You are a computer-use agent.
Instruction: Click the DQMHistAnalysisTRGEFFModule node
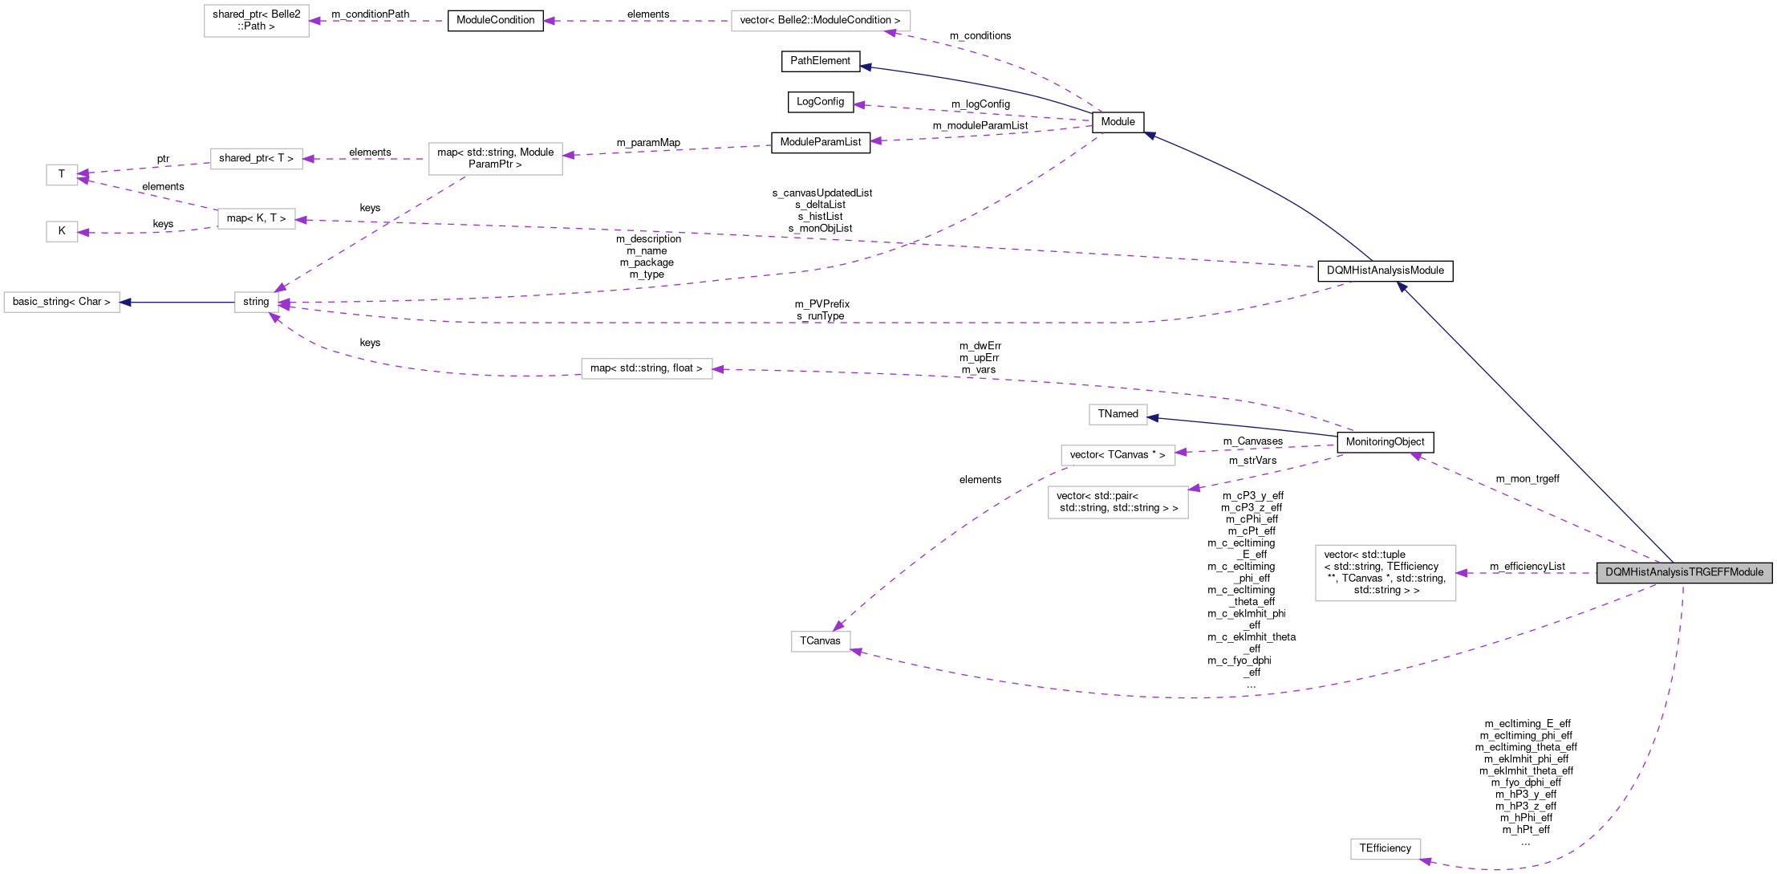(1683, 572)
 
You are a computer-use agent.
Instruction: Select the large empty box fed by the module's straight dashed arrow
(1385, 572)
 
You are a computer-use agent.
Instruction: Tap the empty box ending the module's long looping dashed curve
(1385, 848)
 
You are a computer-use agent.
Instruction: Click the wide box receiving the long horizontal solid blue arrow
(62, 302)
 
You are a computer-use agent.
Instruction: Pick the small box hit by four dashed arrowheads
(256, 302)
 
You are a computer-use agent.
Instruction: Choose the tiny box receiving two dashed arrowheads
(62, 174)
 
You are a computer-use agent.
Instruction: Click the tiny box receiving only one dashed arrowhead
(62, 231)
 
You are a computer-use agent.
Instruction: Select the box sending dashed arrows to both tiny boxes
(256, 218)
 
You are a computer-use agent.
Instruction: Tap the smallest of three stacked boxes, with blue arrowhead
(1118, 414)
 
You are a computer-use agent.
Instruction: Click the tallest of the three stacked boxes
(1118, 502)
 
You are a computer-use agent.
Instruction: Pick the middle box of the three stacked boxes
(1118, 455)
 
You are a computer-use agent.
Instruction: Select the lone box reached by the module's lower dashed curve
(820, 641)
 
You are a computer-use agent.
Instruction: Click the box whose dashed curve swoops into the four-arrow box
(646, 368)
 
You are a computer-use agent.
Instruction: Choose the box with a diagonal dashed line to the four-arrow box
(495, 159)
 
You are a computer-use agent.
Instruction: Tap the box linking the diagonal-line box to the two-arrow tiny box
(256, 159)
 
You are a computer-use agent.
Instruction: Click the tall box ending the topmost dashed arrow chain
(256, 21)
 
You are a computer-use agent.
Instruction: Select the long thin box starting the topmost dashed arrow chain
(820, 21)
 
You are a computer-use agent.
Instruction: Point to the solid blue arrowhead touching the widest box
(126, 302)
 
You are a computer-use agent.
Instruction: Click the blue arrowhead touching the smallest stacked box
(1154, 417)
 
